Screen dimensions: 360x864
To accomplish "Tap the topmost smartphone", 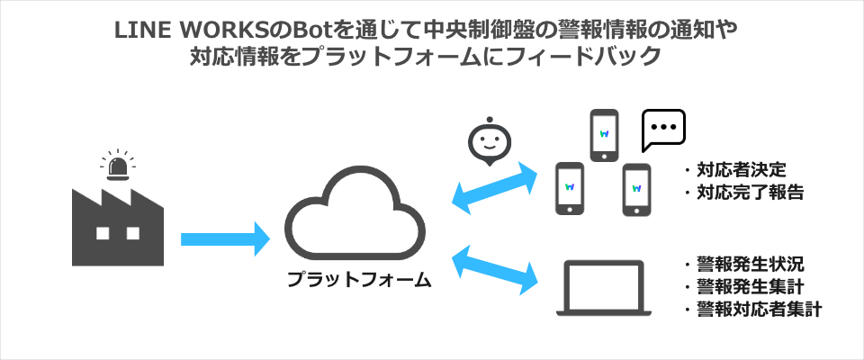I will point(604,135).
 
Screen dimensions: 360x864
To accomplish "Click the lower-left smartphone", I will point(570,189).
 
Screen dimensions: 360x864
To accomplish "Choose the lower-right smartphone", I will point(636,189).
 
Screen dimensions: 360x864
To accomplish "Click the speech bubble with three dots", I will point(663,130).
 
